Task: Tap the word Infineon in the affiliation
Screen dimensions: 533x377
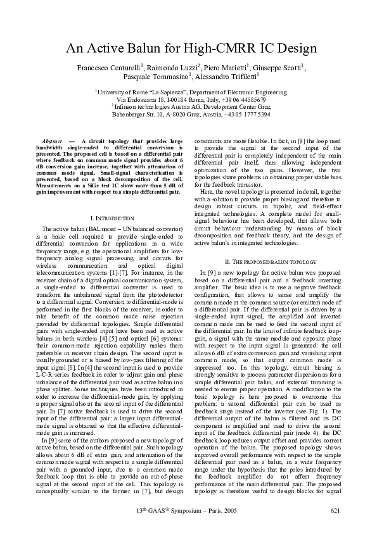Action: (x=131, y=108)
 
